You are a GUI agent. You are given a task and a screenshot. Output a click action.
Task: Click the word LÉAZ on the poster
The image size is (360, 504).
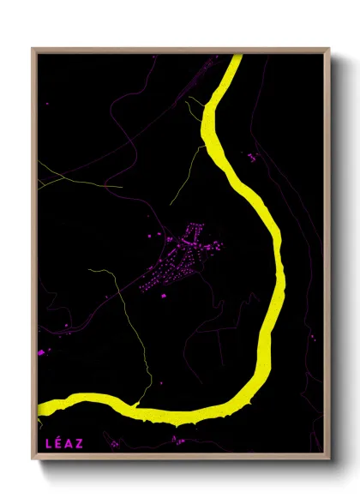62,442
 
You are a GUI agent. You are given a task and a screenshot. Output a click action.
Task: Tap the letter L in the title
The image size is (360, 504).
47,442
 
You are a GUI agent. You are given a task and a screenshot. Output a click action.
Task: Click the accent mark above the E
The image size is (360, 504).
57,437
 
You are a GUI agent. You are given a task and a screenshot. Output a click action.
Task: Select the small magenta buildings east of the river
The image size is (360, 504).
252,157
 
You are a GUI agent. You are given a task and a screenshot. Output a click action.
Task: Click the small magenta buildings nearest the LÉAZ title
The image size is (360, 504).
113,444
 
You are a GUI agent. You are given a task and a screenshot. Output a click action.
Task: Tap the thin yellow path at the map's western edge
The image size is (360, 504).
51,176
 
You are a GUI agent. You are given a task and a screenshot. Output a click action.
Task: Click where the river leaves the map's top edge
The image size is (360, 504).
235,57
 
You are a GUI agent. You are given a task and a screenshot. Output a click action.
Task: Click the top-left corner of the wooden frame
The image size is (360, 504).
33,50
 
